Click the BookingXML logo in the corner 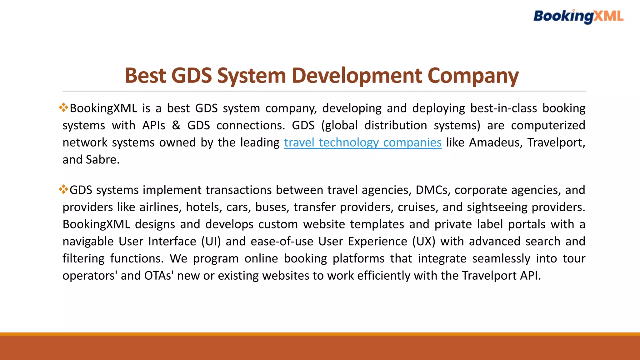click(578, 16)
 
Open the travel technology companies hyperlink click(362, 142)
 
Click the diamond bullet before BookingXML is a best click(63, 107)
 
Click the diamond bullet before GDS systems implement click(63, 189)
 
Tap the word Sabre click(102, 160)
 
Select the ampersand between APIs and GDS click(176, 125)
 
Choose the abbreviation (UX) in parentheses click(424, 242)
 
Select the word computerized click(548, 125)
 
